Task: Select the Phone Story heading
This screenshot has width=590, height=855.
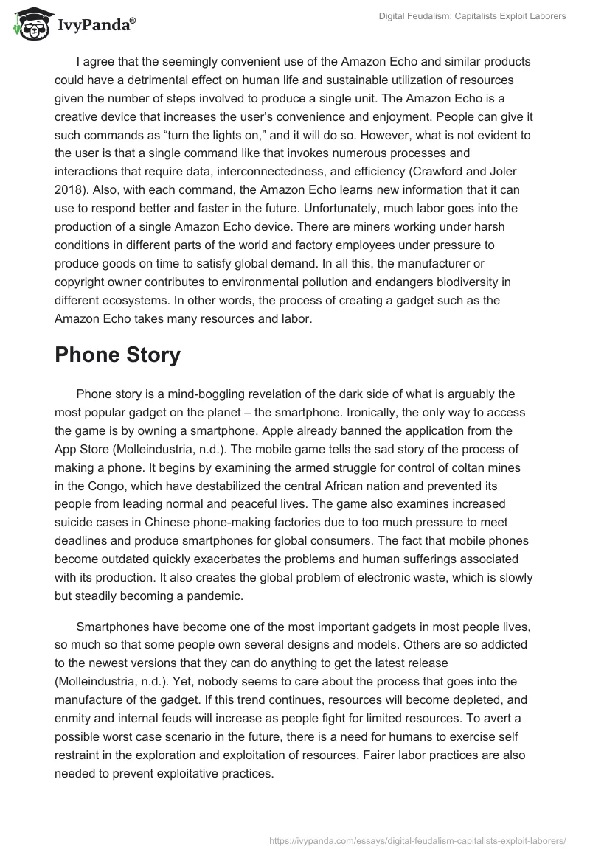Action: [117, 355]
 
